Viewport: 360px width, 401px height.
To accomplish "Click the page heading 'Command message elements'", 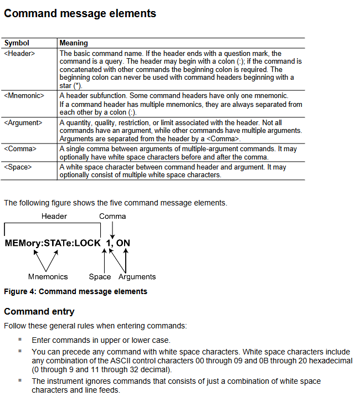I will pos(80,14).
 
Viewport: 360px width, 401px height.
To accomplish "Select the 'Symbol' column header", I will pos(17,43).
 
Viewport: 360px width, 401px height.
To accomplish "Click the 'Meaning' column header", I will pos(74,43).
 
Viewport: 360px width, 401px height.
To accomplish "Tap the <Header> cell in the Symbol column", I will pos(19,54).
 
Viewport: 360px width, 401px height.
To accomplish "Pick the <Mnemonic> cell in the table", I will pos(24,96).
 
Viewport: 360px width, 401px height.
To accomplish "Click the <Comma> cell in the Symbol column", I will pos(20,149).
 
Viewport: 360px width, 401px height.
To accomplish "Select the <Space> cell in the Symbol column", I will pos(18,167).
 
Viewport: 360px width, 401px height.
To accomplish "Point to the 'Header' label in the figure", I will pos(54,217).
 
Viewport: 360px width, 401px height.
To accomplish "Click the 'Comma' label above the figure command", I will pos(112,217).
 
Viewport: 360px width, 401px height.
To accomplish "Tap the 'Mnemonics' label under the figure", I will pos(48,277).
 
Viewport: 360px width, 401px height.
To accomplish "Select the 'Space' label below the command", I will pos(100,277).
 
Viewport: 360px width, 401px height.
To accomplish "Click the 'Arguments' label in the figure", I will pos(137,277).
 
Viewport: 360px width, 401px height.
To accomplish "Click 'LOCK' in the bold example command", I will pos(88,243).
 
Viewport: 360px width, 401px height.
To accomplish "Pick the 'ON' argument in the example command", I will pos(124,243).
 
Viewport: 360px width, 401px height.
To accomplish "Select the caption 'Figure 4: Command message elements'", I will pos(75,291).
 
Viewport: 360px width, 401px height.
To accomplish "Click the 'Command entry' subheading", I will pos(39,311).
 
